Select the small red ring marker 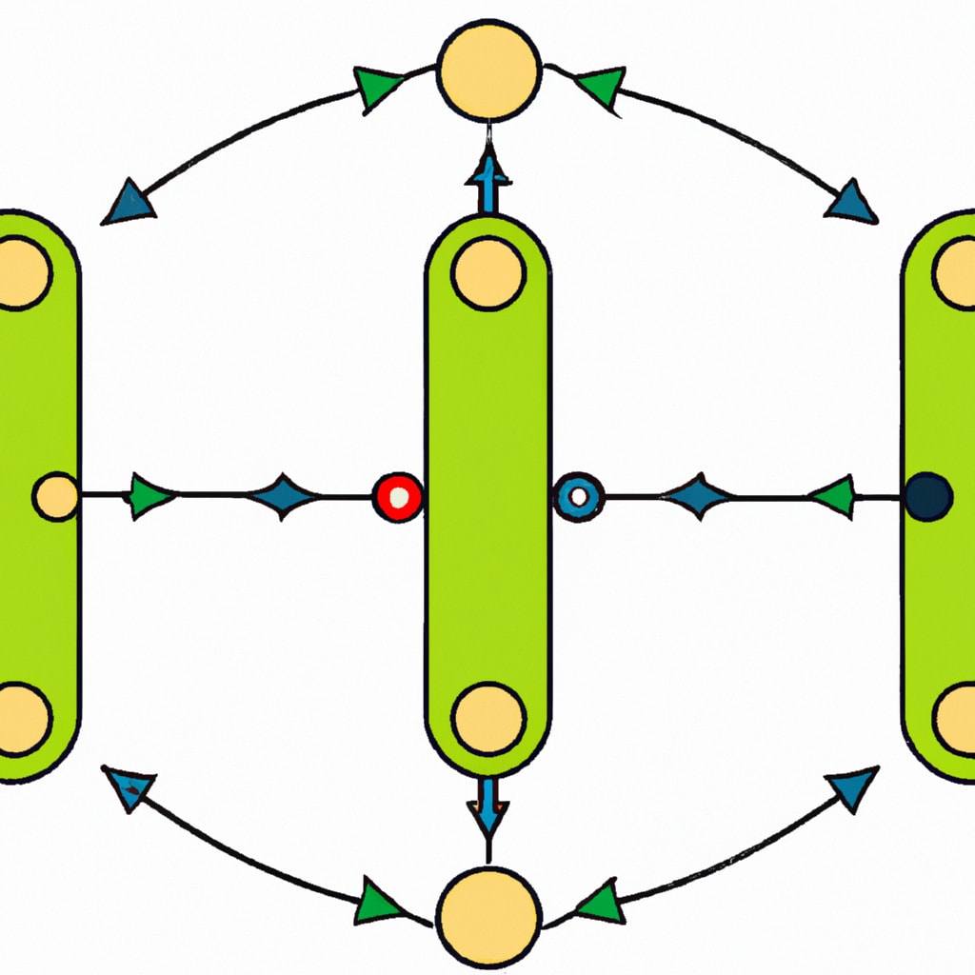[397, 497]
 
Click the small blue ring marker [578, 496]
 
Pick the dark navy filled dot [928, 497]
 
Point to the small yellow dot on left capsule [57, 497]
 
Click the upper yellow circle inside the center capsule [488, 274]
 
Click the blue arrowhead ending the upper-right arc [853, 203]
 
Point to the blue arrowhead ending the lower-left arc [130, 788]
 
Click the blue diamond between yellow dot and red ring [283, 497]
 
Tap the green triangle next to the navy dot [833, 497]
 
